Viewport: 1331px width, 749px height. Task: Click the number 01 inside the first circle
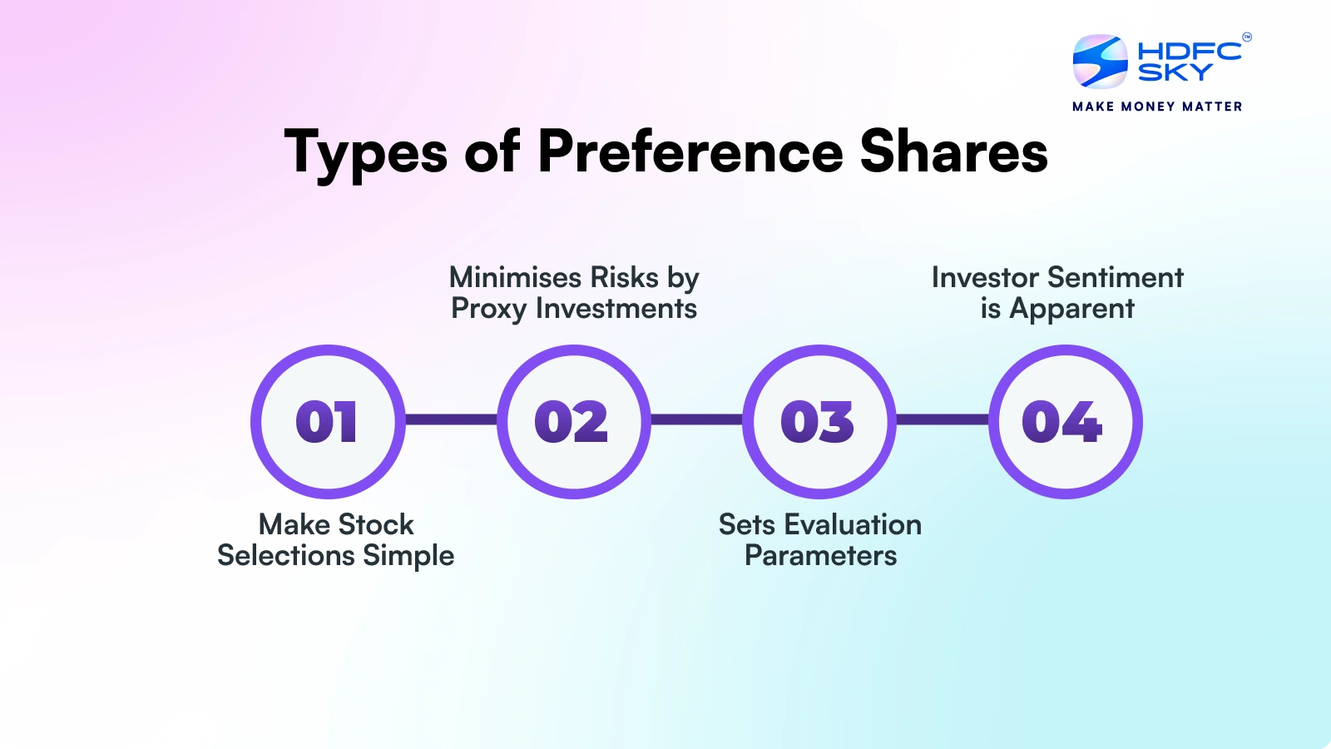[x=327, y=422]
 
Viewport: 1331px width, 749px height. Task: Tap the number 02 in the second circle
[x=571, y=422]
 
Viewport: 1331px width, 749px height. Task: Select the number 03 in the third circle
[x=818, y=422]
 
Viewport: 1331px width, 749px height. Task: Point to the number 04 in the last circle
[x=1062, y=422]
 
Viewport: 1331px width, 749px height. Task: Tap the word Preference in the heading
[x=690, y=151]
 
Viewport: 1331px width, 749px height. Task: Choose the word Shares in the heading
[x=953, y=151]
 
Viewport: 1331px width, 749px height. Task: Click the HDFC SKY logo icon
[x=1100, y=62]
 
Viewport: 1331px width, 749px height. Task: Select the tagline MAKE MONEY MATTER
[x=1157, y=107]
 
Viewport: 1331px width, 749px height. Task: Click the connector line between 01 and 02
[x=451, y=419]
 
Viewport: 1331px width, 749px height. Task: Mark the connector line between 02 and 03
[x=696, y=419]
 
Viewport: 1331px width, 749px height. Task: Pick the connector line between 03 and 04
[x=942, y=419]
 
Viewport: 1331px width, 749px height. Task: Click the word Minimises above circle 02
[x=515, y=277]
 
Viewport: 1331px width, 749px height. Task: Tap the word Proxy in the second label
[x=489, y=310]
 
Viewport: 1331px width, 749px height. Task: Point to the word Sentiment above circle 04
[x=1116, y=277]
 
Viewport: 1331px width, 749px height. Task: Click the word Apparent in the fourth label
[x=1071, y=310]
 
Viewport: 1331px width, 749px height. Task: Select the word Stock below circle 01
[x=376, y=524]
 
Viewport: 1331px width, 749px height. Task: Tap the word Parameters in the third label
[x=820, y=555]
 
